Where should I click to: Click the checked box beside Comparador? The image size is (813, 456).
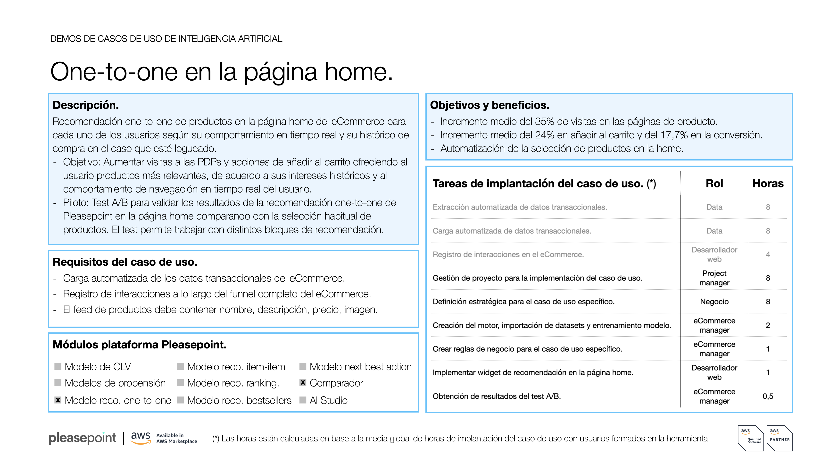pyautogui.click(x=303, y=383)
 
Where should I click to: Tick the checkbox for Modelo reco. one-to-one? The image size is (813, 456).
pyautogui.click(x=58, y=400)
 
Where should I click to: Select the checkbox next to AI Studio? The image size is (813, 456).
pyautogui.click(x=303, y=400)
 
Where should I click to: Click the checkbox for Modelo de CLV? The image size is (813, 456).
pyautogui.click(x=58, y=366)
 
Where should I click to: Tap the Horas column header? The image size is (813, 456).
pyautogui.click(x=768, y=184)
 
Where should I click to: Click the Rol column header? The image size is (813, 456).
pyautogui.click(x=714, y=184)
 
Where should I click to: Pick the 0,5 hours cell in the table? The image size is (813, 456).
pyautogui.click(x=768, y=396)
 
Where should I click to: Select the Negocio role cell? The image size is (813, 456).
pyautogui.click(x=714, y=302)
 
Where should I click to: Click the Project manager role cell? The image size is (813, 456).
pyautogui.click(x=714, y=278)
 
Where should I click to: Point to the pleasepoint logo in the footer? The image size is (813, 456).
pyautogui.click(x=82, y=438)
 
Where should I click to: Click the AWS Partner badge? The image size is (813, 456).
pyautogui.click(x=780, y=438)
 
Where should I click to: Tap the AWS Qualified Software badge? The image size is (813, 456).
pyautogui.click(x=751, y=438)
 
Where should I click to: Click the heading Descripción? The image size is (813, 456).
pyautogui.click(x=85, y=105)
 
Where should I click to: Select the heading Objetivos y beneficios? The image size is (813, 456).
pyautogui.click(x=489, y=105)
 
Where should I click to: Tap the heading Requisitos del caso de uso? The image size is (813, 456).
pyautogui.click(x=125, y=262)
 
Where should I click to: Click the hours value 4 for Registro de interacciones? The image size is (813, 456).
pyautogui.click(x=768, y=254)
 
